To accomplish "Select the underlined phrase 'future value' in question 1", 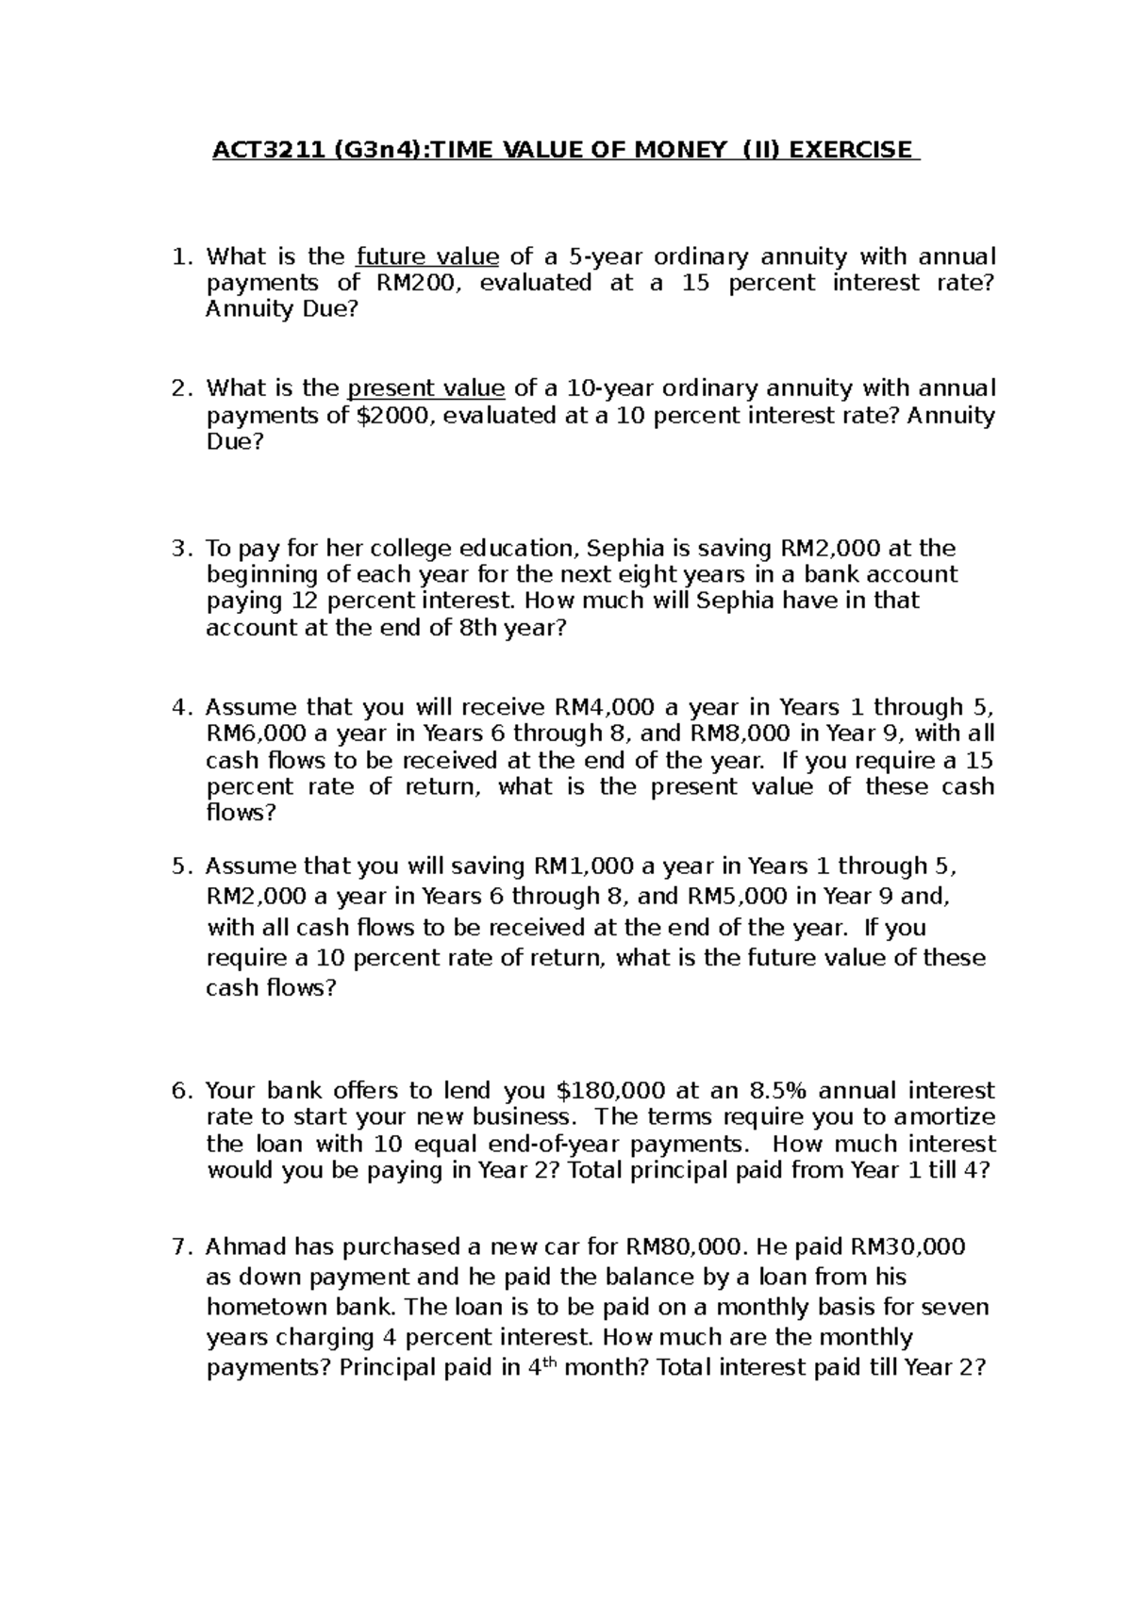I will point(427,256).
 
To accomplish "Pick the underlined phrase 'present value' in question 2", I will point(426,388).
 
